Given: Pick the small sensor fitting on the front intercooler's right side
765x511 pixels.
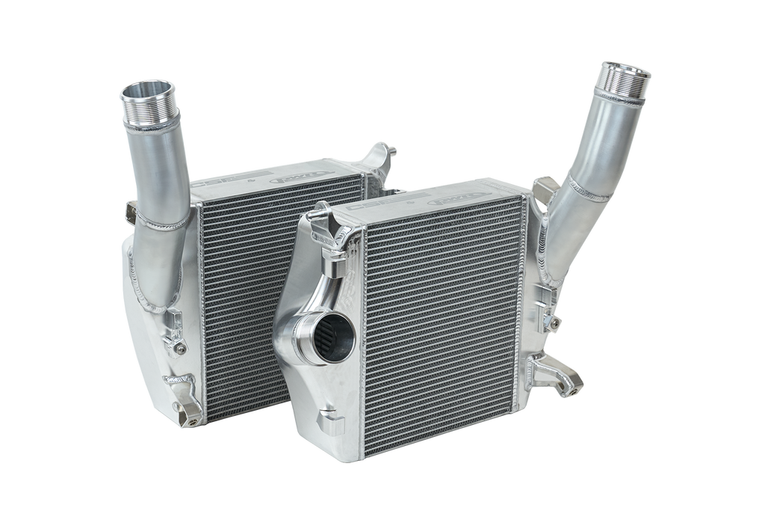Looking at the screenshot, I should coord(555,322).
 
